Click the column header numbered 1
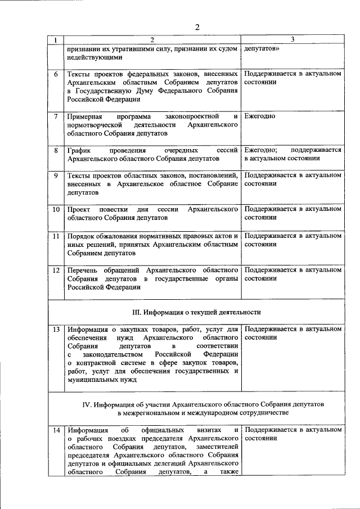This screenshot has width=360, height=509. coord(56,40)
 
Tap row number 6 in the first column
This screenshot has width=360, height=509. coord(56,74)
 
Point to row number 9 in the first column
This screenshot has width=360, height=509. coord(56,175)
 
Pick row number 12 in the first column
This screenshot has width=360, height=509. coord(56,270)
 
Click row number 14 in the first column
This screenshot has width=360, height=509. coord(56,430)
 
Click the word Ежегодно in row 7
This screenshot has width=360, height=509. coord(260,116)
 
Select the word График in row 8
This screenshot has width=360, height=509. coord(79,151)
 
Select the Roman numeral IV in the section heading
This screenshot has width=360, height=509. coord(85,404)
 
